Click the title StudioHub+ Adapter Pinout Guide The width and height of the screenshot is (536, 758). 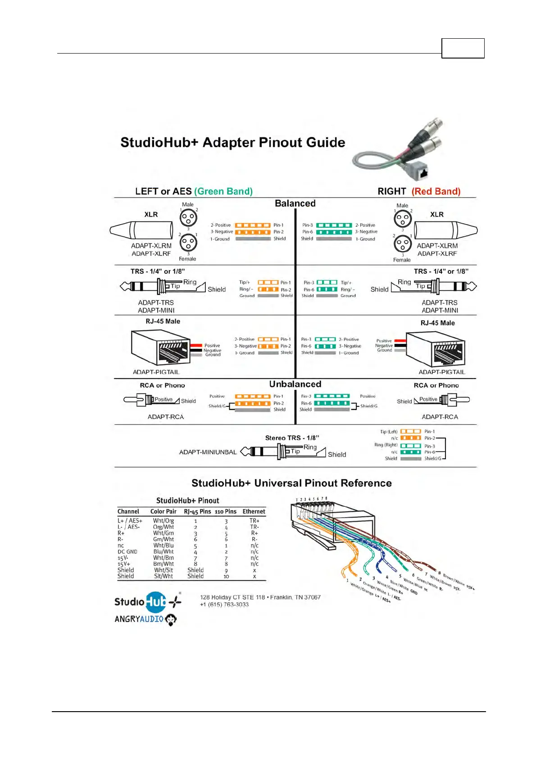pos(232,143)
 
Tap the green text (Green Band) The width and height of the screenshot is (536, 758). pos(223,191)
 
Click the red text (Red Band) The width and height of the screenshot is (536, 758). pos(436,191)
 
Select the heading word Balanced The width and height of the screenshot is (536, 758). pos(295,203)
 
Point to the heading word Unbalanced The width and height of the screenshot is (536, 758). pos(295,384)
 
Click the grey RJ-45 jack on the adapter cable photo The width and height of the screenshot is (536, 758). pos(422,173)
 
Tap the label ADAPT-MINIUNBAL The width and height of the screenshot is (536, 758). pos(208,452)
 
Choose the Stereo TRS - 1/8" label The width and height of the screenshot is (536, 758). pos(292,438)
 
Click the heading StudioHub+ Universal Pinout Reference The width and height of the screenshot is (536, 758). pos(291,483)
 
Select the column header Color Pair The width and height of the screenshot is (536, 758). pos(163,511)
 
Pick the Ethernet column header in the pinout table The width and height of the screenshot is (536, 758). pos(254,511)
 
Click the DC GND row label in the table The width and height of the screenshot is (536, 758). pos(127,551)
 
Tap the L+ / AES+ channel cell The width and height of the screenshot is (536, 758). pos(130,521)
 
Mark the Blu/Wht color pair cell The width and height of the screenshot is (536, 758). pos(164,551)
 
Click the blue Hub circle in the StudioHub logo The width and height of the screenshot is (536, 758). pos(156,602)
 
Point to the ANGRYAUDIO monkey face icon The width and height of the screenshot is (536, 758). pos(171,620)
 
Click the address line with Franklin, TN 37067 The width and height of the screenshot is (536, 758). pos(260,597)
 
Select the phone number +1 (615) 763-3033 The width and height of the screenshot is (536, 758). pos(224,605)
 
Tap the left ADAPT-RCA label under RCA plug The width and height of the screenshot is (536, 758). pos(166,417)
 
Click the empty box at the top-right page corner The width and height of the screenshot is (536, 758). pos(463,48)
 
